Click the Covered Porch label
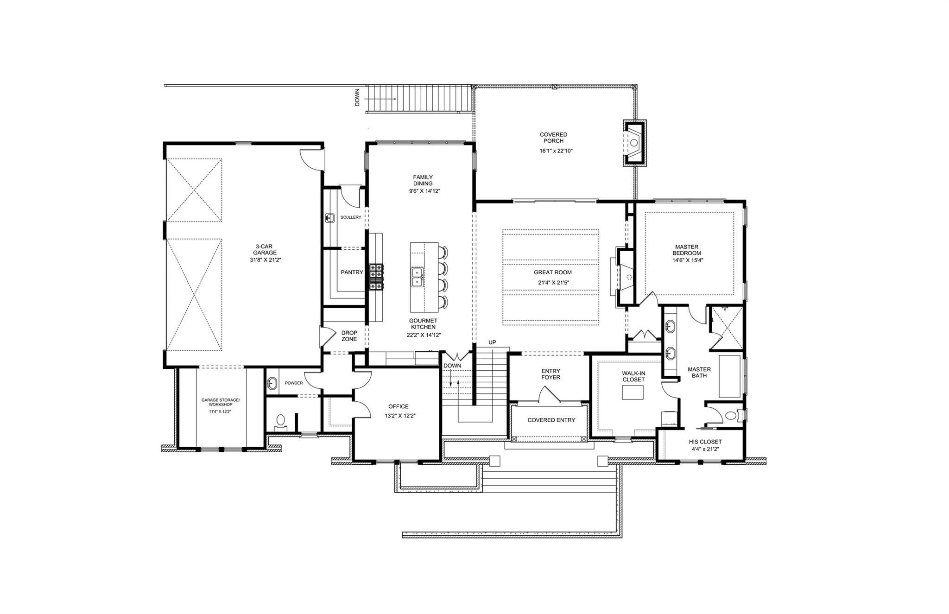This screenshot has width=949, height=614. coord(553,138)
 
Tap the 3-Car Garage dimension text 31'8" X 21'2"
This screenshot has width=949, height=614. coord(265,260)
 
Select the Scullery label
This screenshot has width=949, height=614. coord(350,217)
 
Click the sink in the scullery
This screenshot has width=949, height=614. coord(330,217)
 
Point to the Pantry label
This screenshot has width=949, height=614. coord(352,272)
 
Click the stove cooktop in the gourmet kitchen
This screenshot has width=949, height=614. coord(376,277)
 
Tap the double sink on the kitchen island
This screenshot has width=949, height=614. coord(418,277)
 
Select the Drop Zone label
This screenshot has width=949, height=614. coord(349,336)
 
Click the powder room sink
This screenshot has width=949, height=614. coord(272,383)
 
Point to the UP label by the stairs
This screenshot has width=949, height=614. coord(492,342)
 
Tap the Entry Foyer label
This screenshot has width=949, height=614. coord(550,374)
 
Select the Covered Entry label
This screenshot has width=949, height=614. coord(551,420)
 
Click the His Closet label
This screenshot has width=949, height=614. coord(705,442)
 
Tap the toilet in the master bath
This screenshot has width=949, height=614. coord(730,415)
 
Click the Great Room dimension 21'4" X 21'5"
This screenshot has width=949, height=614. coord(552,282)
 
